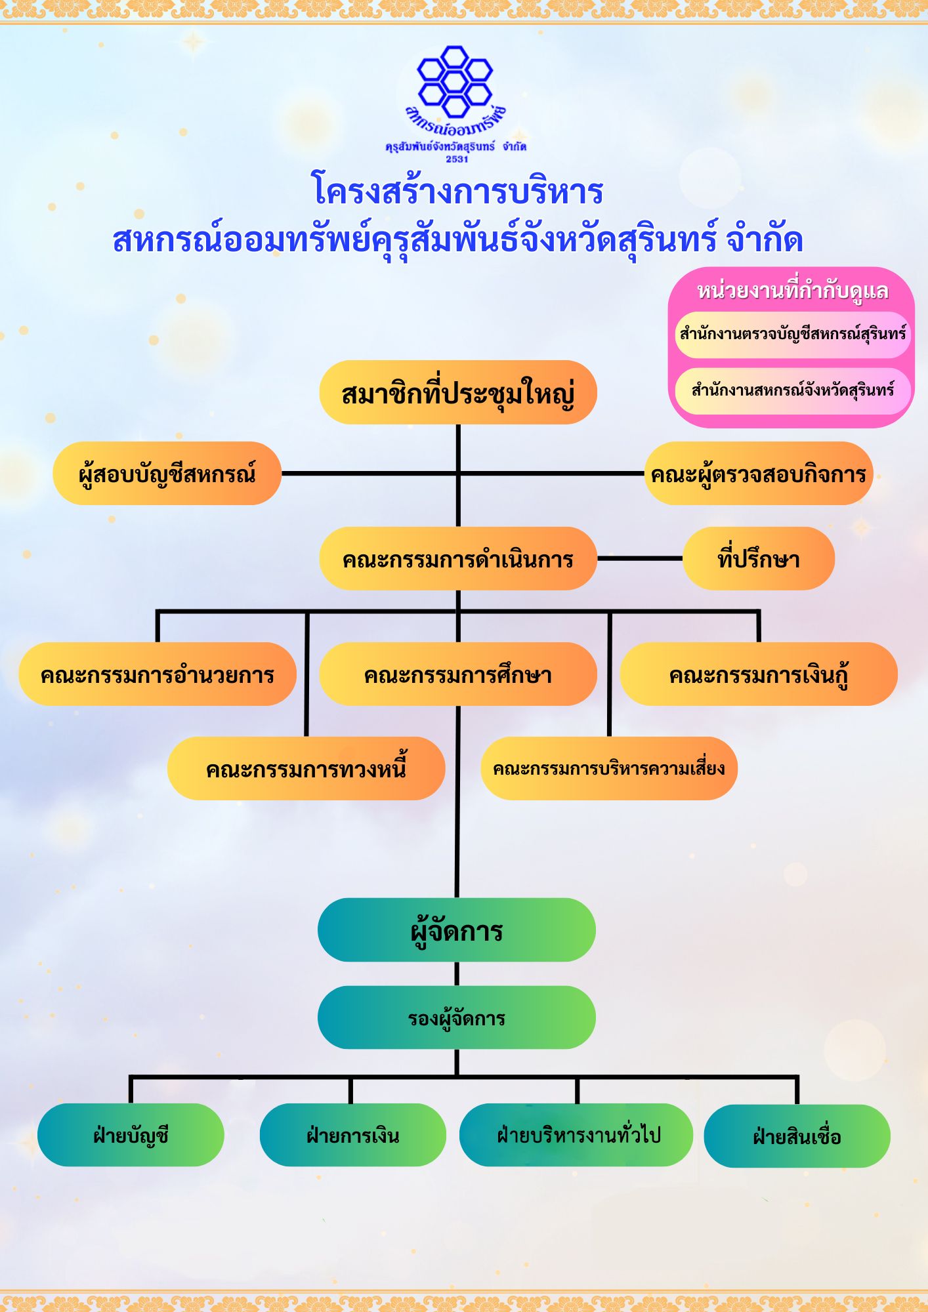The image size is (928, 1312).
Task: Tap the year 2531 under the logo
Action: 457,159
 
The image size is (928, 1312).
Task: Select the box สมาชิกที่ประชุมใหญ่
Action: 458,392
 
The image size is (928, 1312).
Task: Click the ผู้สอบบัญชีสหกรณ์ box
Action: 167,473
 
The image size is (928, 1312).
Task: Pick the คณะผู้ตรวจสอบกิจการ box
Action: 759,473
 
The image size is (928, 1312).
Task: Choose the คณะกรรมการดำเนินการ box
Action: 458,558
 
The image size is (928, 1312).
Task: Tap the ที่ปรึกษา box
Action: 759,558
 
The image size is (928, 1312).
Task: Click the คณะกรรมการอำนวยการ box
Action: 158,674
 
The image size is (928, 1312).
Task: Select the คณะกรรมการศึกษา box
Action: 458,674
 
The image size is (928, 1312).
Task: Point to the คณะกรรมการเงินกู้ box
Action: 759,674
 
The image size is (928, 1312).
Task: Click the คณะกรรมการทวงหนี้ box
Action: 306,768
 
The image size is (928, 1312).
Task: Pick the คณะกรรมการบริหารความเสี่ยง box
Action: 609,768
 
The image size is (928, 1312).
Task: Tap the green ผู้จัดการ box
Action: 457,930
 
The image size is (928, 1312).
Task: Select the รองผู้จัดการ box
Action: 457,1017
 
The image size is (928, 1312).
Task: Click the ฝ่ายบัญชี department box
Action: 131,1135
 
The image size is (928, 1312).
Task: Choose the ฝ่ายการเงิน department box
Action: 353,1135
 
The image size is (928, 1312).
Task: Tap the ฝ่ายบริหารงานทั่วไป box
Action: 576,1135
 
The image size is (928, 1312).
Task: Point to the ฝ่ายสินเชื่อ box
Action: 797,1136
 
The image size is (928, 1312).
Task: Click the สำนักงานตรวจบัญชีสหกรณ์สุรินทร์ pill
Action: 793,335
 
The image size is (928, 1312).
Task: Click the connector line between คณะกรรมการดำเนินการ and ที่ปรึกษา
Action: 640,558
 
